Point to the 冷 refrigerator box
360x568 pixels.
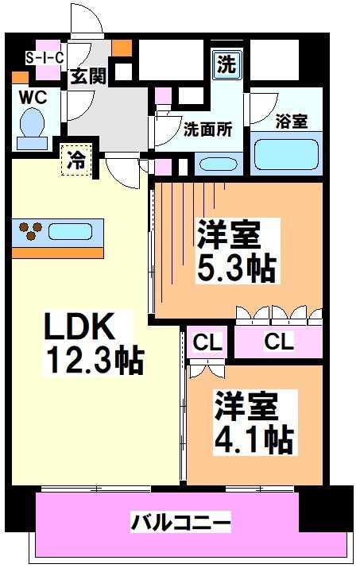75,159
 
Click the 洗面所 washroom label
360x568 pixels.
208,129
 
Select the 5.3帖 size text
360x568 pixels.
236,269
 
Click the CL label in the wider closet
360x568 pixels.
278,342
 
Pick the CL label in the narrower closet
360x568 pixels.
208,342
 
